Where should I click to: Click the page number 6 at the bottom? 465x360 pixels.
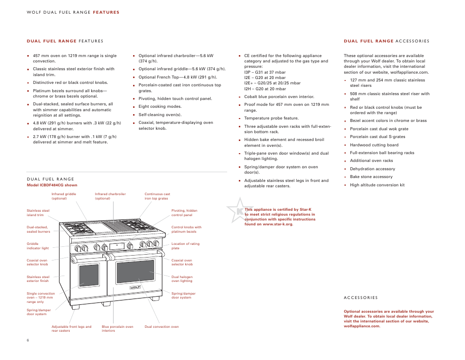28,340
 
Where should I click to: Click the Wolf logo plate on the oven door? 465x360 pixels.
135,287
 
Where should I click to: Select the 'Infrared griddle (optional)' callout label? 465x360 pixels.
64,196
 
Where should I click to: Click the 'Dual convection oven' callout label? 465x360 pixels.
161,327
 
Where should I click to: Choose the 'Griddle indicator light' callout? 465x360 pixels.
38,246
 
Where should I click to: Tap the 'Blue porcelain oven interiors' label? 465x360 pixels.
117,329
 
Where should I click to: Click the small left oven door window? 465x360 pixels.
89,275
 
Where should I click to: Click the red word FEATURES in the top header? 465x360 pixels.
106,12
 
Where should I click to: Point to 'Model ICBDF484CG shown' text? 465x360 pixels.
52,185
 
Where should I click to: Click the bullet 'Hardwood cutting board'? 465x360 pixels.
374,145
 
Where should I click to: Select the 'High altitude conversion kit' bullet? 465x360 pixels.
377,185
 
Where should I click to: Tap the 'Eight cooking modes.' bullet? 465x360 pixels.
160,106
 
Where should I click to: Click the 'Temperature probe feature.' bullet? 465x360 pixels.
271,118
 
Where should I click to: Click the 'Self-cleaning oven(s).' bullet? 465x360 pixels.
160,115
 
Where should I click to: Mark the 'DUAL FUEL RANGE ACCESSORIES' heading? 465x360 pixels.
387,41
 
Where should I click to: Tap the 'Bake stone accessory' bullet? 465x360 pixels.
371,177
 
